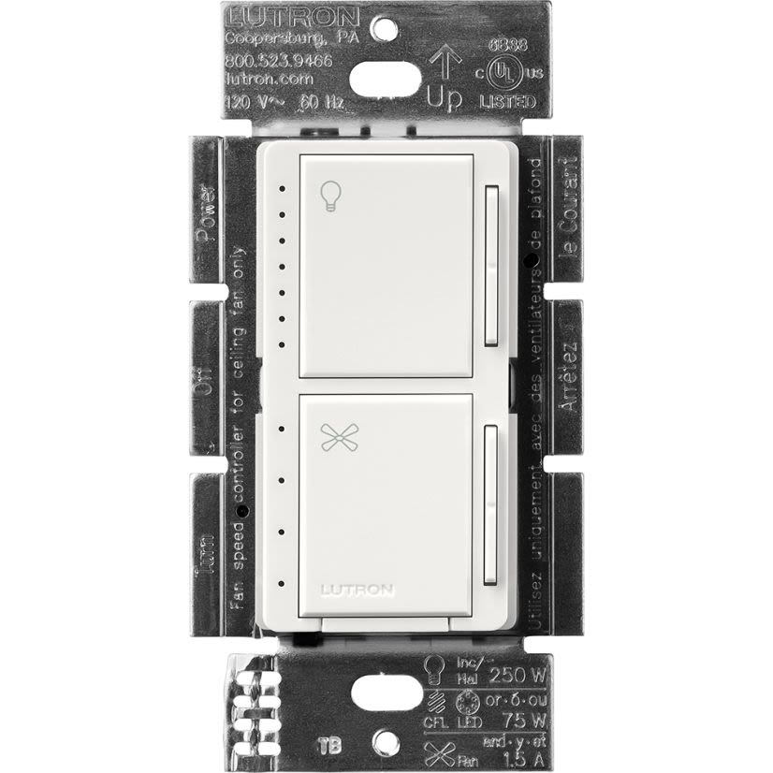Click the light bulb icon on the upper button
pyautogui.click(x=328, y=195)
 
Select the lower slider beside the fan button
pyautogui.click(x=489, y=505)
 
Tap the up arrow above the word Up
pyautogui.click(x=444, y=65)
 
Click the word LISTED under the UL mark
pyautogui.click(x=509, y=101)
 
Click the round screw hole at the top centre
pyautogui.click(x=380, y=27)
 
